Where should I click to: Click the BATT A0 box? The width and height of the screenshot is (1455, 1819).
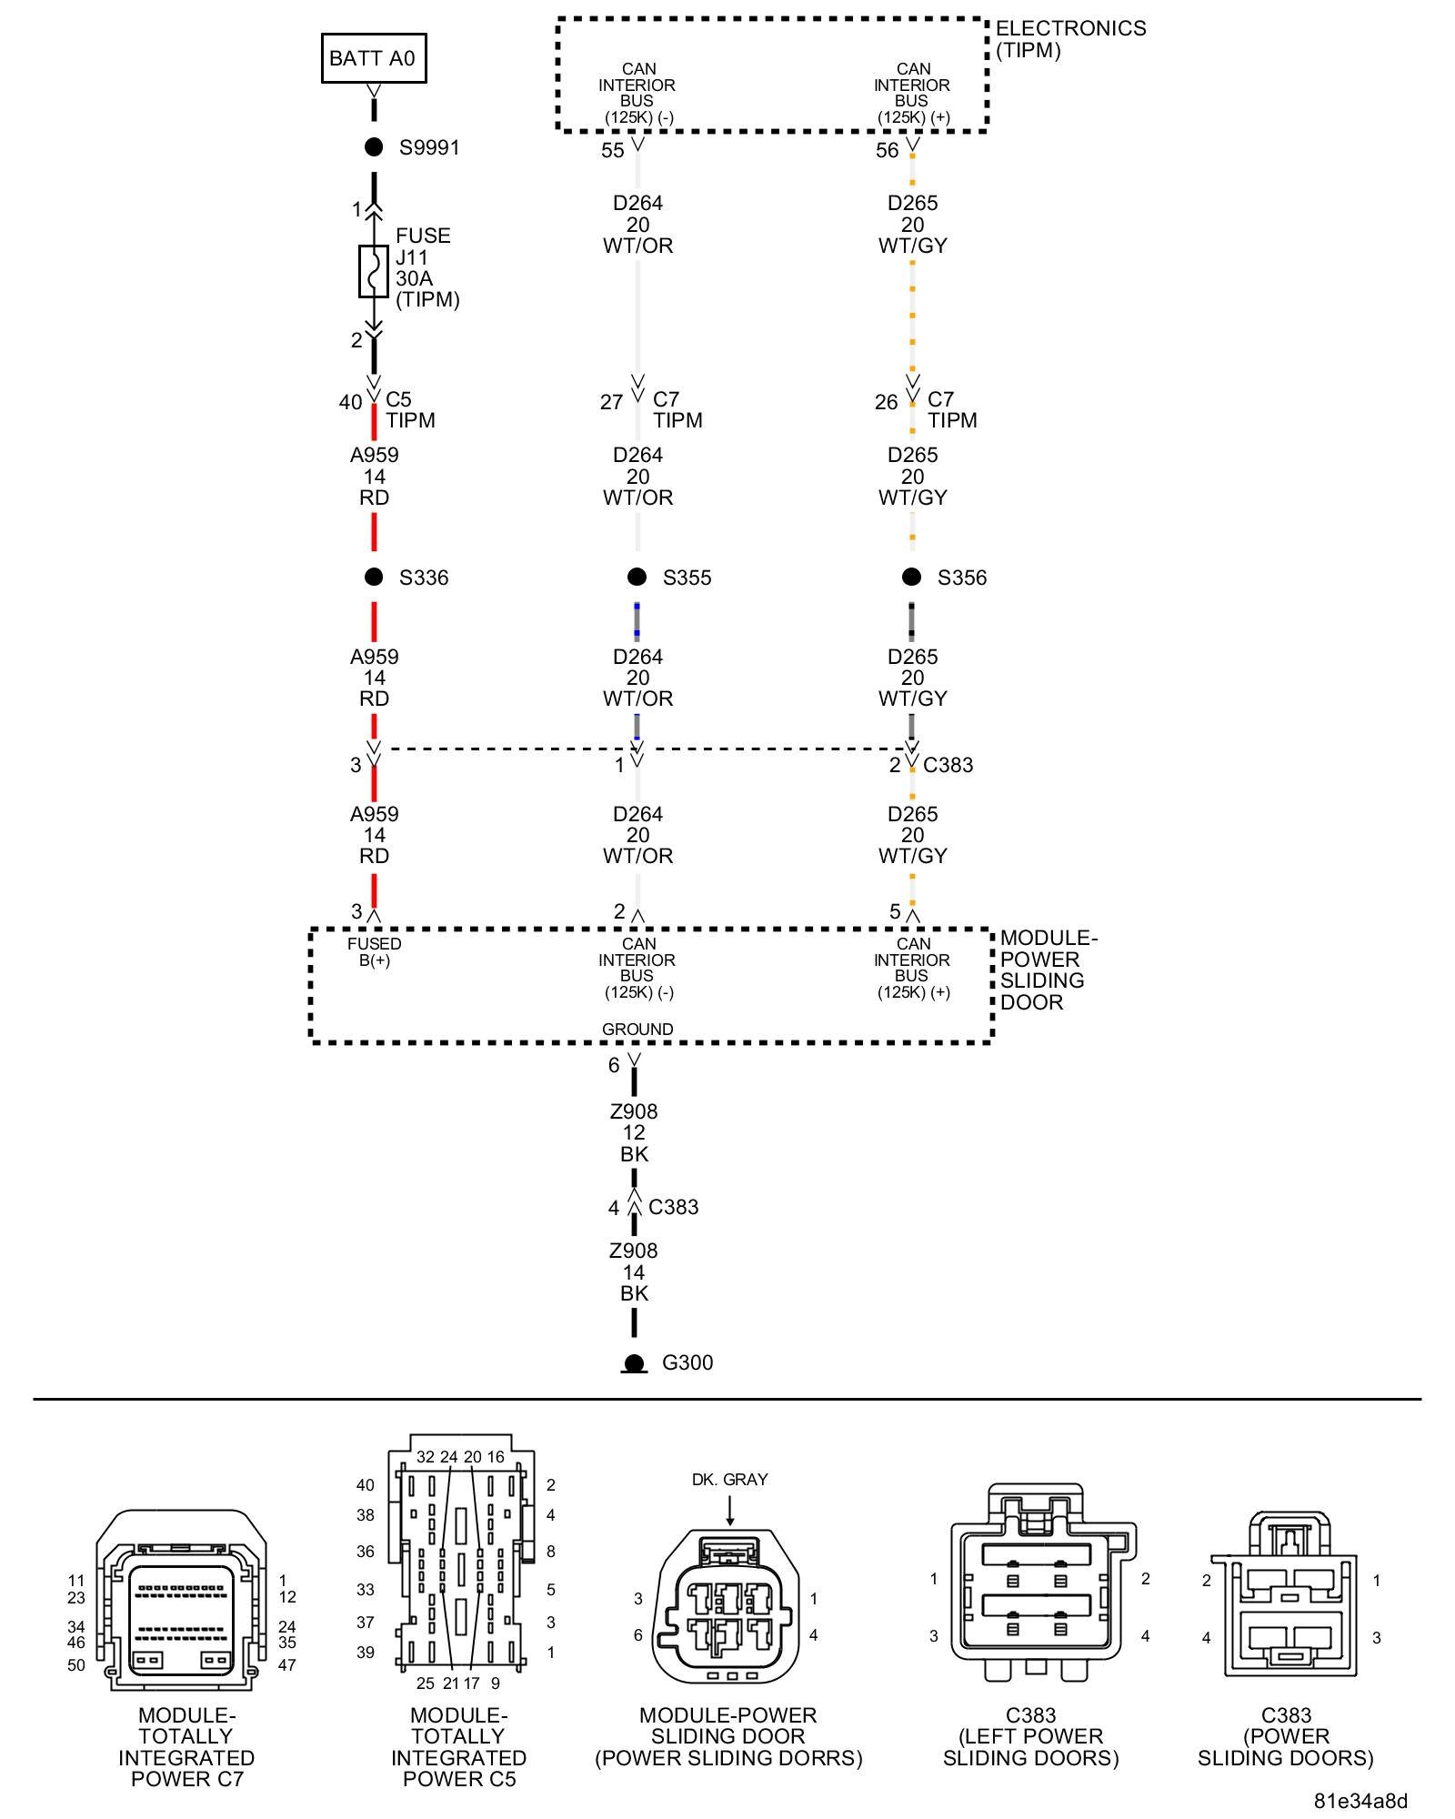373,58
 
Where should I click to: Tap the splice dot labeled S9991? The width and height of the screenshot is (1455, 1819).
374,147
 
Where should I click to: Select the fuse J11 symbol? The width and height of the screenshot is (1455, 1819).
373,271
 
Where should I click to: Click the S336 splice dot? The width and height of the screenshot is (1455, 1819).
374,577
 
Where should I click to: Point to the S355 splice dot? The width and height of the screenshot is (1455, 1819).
637,577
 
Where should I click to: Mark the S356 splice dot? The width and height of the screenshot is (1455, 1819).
911,577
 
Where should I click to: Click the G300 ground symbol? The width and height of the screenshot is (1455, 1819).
634,1363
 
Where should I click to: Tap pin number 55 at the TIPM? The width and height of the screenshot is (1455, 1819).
613,151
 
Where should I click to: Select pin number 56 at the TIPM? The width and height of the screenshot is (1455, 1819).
887,151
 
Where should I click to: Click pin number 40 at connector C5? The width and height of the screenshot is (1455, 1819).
350,402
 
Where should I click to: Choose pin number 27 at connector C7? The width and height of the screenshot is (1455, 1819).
611,402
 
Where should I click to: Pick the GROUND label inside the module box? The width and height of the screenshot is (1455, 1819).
637,1029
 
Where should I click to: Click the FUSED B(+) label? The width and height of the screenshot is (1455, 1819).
374,951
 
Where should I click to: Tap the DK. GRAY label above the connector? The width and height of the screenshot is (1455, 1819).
729,1480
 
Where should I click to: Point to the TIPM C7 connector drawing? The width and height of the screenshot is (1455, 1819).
182,1601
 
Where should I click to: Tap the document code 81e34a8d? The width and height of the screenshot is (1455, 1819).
1360,1801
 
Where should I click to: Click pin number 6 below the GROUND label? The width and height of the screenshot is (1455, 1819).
614,1065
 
